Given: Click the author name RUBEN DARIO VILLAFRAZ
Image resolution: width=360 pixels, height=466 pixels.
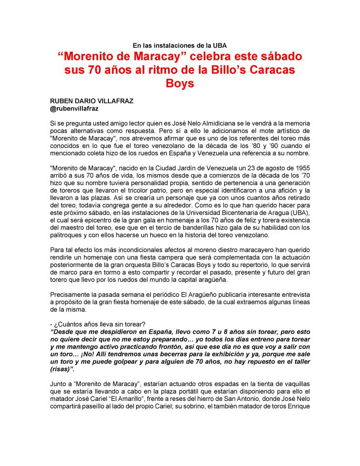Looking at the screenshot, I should (x=91, y=101).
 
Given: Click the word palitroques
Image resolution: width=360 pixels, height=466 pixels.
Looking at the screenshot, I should (x=67, y=235).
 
